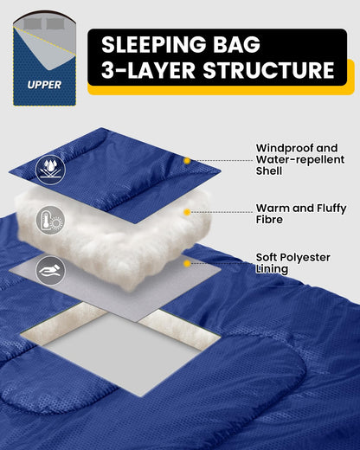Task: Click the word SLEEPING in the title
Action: click(x=154, y=45)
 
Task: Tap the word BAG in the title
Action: click(x=236, y=45)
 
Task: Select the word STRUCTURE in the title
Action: click(x=269, y=70)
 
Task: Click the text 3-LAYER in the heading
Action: click(x=148, y=70)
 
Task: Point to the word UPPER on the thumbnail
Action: click(x=44, y=85)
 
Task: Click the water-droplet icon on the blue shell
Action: click(x=50, y=170)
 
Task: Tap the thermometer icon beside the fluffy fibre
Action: click(x=50, y=220)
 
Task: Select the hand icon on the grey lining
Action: click(x=50, y=271)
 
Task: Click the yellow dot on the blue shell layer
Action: click(x=187, y=161)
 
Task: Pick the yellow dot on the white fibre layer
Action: click(x=187, y=212)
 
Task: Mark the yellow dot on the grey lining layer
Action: click(x=187, y=263)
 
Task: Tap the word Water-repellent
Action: click(x=300, y=159)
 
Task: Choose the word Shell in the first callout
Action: click(x=269, y=170)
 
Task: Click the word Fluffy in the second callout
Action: click(x=331, y=209)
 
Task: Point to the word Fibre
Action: click(x=269, y=220)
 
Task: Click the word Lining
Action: click(x=272, y=269)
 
